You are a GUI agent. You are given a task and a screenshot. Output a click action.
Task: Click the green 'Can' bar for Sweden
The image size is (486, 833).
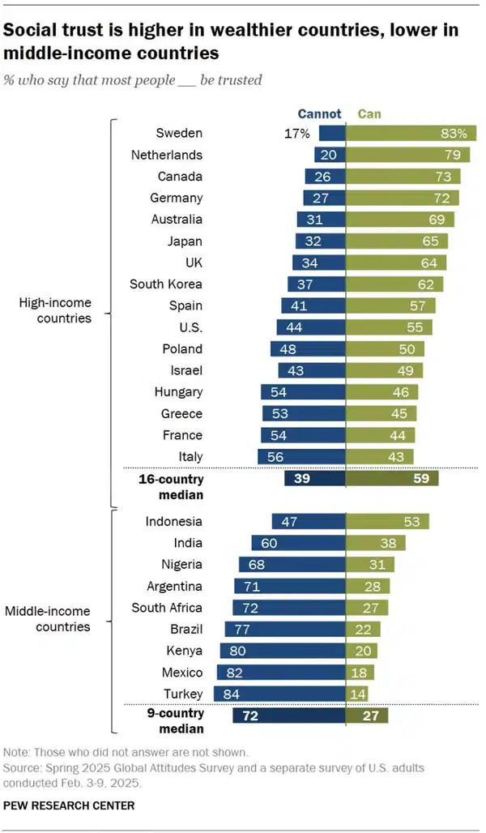411,134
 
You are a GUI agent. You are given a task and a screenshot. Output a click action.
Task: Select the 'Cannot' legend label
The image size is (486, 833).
319,114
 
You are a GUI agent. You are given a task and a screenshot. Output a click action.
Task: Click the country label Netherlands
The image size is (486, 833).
167,155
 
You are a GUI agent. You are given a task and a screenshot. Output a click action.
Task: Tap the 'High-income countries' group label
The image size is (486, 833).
55,310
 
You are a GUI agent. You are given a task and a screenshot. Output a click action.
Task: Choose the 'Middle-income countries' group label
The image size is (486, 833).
48,619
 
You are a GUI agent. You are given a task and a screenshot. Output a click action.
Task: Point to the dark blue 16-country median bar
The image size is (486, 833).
315,479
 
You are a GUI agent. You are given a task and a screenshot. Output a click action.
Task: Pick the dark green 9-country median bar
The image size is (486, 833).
367,716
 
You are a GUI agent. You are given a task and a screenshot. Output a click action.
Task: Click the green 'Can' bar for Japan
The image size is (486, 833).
396,241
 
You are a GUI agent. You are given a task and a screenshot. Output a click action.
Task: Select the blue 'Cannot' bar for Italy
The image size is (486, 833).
301,457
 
